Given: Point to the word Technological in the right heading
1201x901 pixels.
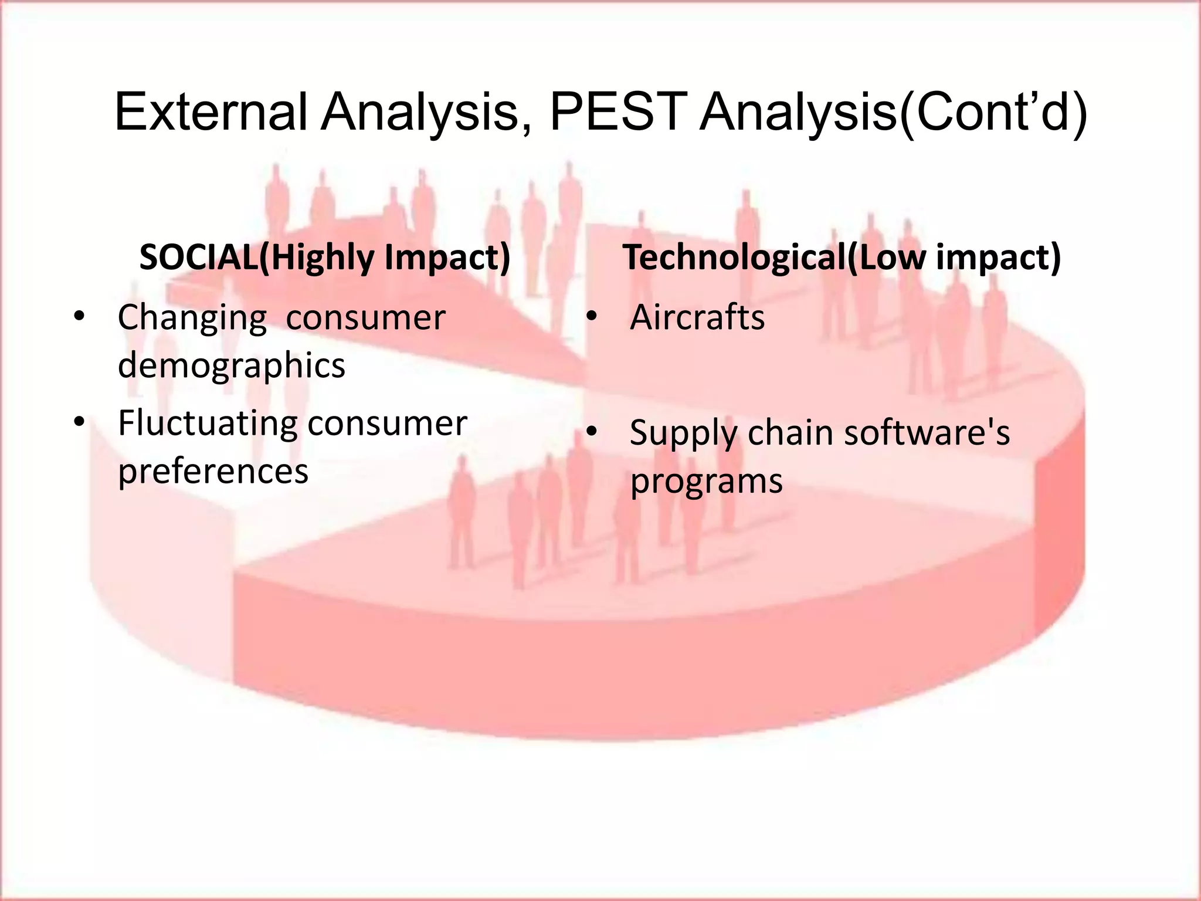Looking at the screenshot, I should tap(733, 258).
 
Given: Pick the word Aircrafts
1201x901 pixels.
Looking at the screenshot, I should tap(697, 318).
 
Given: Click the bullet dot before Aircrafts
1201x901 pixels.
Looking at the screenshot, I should tap(592, 317).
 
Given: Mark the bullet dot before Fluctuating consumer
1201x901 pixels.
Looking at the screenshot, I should tap(80, 422).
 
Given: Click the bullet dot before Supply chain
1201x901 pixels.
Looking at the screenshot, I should tap(592, 432).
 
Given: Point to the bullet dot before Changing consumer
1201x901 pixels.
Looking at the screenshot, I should tap(80, 317).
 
